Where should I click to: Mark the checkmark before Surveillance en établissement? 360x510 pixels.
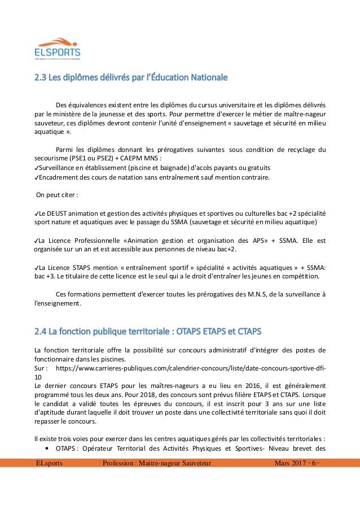pos(37,168)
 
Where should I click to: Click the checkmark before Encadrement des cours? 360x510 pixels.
pos(37,178)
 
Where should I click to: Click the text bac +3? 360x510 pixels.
pos(43,276)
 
